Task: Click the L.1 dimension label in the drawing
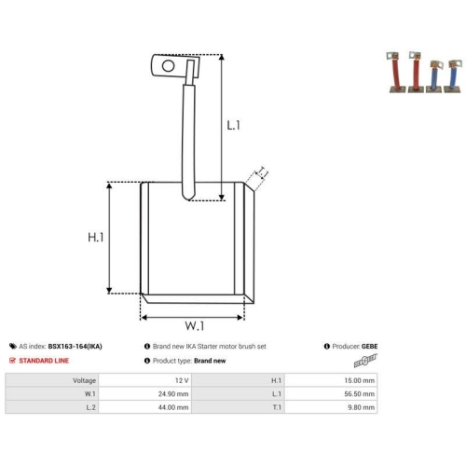(233, 125)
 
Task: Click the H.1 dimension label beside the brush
(96, 237)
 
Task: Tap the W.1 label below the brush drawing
(195, 325)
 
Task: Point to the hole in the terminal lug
(168, 66)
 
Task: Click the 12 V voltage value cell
(144, 380)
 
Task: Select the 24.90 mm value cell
(144, 393)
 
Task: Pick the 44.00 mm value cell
(144, 407)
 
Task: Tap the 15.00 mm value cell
(331, 380)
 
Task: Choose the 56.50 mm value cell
(331, 393)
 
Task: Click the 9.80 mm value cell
(331, 407)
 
